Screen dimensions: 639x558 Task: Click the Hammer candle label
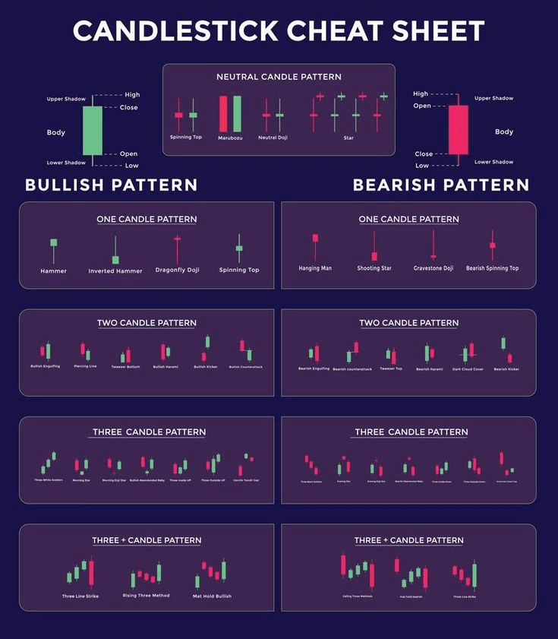53,270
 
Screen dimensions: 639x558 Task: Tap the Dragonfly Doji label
177,270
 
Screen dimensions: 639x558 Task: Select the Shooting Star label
374,268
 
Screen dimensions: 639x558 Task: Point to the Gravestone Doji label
433,268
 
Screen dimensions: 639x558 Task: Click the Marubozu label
230,138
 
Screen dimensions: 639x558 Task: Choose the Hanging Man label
315,268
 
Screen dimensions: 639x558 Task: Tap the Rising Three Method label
146,596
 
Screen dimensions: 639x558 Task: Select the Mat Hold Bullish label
212,596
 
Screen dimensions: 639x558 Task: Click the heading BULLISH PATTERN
111,185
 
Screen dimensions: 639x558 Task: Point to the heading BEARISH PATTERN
441,185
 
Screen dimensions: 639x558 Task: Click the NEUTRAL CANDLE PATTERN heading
279,77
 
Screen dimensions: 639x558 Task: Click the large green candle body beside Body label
92,130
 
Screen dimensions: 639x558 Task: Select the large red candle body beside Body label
458,130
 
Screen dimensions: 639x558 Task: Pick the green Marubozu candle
237,113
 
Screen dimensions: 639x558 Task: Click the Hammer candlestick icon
53,243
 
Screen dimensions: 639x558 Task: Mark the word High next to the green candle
132,95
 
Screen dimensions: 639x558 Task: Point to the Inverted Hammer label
115,271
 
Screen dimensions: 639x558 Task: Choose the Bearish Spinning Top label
492,268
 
